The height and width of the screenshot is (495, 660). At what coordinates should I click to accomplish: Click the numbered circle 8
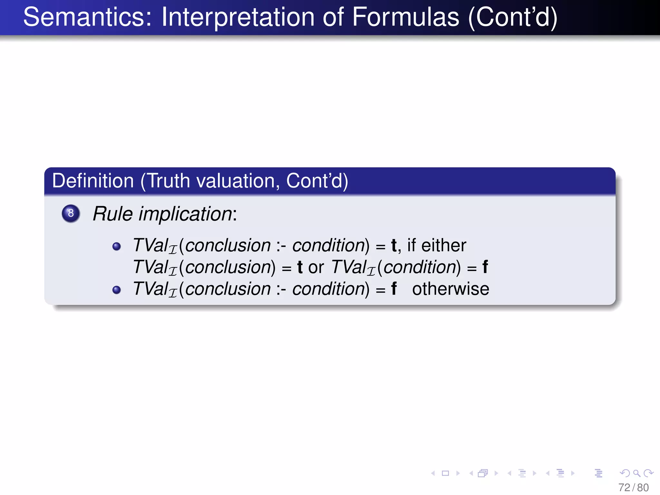point(71,213)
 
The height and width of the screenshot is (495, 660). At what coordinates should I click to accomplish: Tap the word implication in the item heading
point(186,214)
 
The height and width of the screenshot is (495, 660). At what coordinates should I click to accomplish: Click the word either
point(444,245)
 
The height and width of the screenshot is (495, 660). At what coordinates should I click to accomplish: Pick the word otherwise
point(451,289)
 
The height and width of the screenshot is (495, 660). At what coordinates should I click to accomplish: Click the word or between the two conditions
point(316,267)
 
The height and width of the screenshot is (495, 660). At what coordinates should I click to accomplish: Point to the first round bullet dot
point(116,247)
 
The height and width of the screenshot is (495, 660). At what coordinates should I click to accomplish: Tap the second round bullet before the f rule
point(116,290)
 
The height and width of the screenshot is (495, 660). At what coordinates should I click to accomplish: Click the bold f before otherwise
point(393,289)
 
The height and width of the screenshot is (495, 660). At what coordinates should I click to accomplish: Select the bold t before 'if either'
point(393,245)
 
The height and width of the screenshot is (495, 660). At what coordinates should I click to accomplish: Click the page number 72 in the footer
point(624,488)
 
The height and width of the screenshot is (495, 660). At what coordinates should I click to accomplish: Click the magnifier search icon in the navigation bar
point(636,473)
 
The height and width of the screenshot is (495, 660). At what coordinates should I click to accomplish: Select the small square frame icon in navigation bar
point(445,473)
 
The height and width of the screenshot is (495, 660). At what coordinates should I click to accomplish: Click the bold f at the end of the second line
point(485,267)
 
